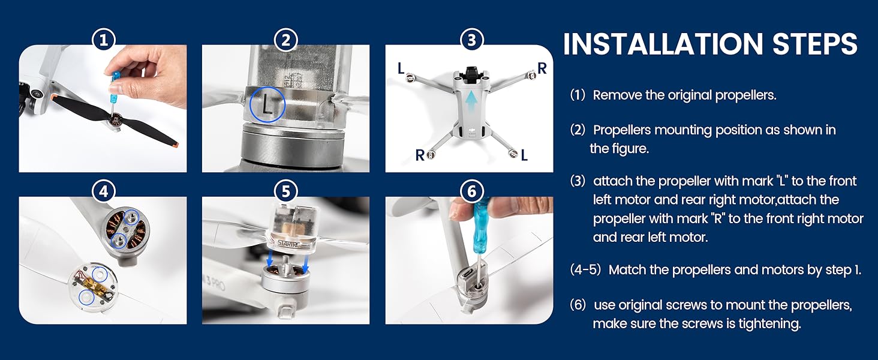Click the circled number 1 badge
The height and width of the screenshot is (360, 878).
(104, 40)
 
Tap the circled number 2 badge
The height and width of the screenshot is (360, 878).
(285, 40)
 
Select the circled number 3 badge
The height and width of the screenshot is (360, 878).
(471, 40)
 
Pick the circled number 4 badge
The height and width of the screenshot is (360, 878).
(104, 191)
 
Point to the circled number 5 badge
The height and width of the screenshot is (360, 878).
(285, 191)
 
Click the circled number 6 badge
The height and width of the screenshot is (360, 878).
(471, 191)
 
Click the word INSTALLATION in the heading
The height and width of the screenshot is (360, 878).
(663, 44)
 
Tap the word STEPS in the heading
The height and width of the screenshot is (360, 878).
(815, 44)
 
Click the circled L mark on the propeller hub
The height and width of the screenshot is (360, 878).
(267, 104)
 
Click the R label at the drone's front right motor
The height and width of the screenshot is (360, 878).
(542, 68)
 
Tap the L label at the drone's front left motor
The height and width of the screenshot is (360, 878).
(401, 68)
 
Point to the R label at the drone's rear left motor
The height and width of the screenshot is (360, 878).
(419, 155)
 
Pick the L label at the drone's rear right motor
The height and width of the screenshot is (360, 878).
(524, 155)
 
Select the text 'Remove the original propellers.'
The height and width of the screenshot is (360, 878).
(684, 95)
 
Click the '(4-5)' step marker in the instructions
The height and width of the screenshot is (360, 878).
(585, 270)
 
